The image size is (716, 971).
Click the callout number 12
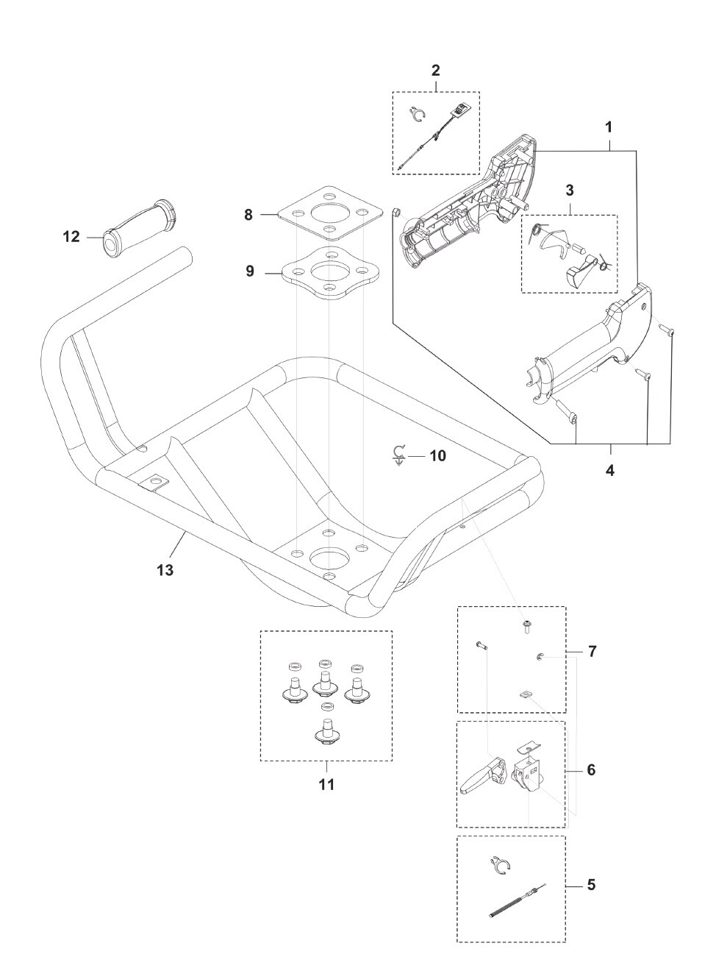(x=71, y=237)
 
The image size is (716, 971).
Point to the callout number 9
(x=250, y=271)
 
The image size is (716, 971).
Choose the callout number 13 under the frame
(x=165, y=569)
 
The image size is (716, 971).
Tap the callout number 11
(x=326, y=784)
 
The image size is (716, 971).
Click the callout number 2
(x=435, y=71)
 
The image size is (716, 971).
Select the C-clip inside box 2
(x=418, y=115)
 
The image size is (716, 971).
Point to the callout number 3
(x=569, y=189)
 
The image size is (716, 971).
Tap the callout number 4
(x=610, y=470)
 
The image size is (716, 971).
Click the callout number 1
(x=609, y=127)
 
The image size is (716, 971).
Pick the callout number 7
(x=593, y=652)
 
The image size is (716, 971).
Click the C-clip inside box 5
(x=501, y=867)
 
